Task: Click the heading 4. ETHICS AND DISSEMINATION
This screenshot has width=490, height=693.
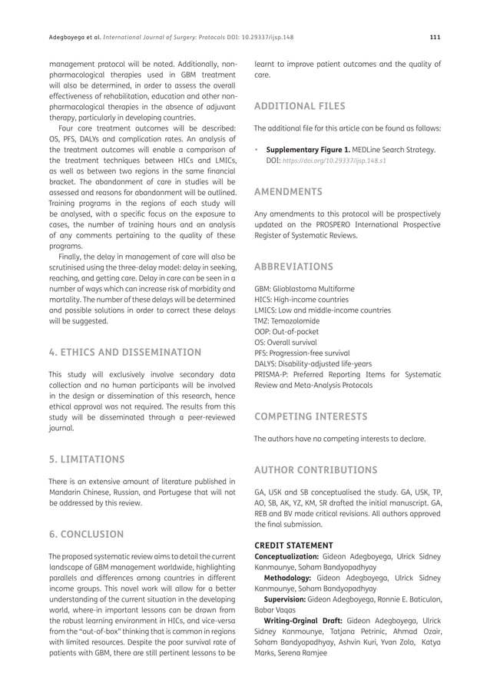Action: (x=125, y=352)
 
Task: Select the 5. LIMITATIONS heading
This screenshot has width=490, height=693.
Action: (x=86, y=460)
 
